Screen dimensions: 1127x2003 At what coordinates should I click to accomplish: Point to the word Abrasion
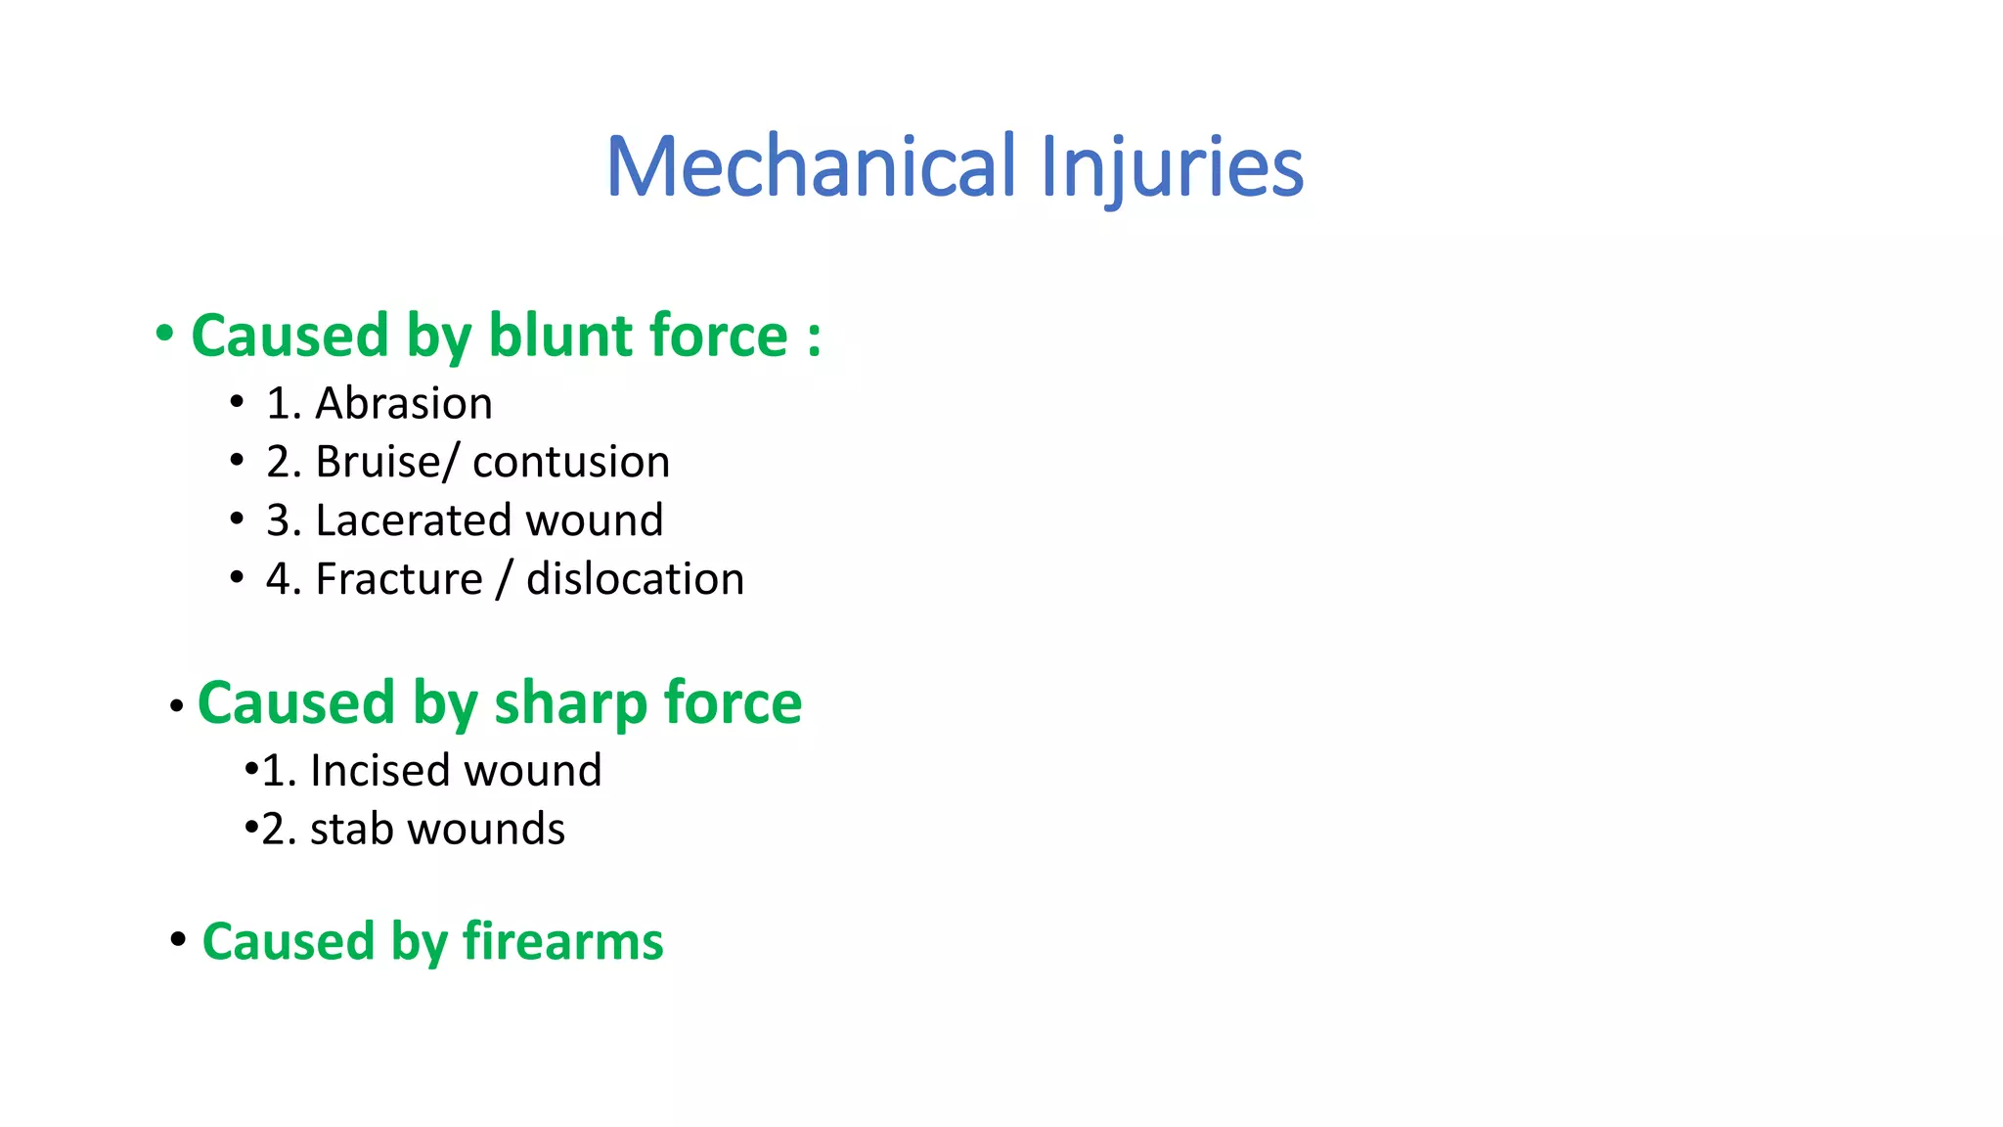pyautogui.click(x=403, y=403)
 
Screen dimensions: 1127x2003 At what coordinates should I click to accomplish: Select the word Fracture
pyautogui.click(x=399, y=579)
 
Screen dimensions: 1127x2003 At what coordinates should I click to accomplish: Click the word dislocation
pyautogui.click(x=635, y=579)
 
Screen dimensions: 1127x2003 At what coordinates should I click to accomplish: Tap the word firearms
pyautogui.click(x=562, y=941)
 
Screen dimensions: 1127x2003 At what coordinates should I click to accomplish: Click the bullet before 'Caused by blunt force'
pyautogui.click(x=164, y=334)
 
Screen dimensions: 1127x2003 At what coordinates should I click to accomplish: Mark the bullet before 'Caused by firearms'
pyautogui.click(x=178, y=939)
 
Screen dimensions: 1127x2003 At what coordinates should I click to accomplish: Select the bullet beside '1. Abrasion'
pyautogui.click(x=237, y=401)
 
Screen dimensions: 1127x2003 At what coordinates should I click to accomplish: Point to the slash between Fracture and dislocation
pyautogui.click(x=504, y=579)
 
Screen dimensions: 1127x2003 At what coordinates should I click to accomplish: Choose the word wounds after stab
pyautogui.click(x=486, y=830)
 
